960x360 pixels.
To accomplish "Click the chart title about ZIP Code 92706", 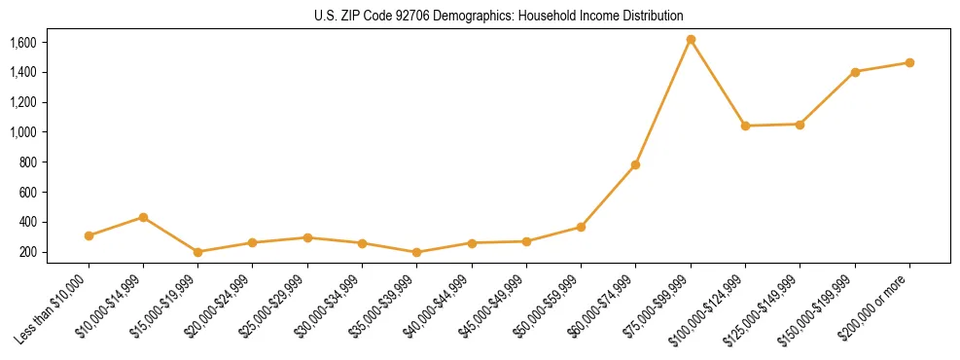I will (x=499, y=16).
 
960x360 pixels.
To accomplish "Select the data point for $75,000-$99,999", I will (x=691, y=40).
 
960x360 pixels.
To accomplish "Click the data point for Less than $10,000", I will (x=89, y=235).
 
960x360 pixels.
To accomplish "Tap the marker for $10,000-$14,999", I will (x=143, y=217).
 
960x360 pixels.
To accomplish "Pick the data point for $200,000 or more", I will (x=909, y=62).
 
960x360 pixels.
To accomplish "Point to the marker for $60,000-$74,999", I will (x=635, y=164).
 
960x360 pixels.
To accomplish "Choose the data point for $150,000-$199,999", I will (x=855, y=72).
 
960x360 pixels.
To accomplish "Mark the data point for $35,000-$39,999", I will (x=416, y=252).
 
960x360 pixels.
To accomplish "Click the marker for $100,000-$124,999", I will (x=745, y=126).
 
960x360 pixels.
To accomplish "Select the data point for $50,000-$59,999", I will (x=581, y=227).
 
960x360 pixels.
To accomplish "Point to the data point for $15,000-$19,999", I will (x=197, y=252).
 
